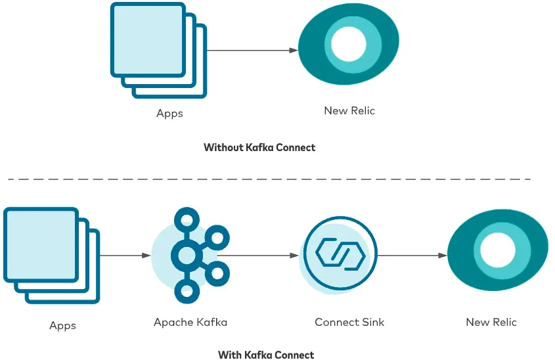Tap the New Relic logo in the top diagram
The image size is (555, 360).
click(349, 45)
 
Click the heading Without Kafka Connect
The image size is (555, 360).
click(259, 148)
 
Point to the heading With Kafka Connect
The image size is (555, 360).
click(266, 355)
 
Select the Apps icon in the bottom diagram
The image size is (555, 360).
click(51, 255)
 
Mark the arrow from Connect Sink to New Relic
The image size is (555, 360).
click(412, 256)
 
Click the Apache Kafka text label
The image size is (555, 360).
click(190, 323)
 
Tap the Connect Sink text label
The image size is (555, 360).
click(349, 323)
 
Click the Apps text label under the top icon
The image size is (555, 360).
click(169, 114)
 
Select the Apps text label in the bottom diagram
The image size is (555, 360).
click(62, 326)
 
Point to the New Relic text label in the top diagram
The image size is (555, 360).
click(349, 111)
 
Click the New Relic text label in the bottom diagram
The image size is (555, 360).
click(491, 323)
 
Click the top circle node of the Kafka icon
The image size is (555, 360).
click(187, 219)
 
